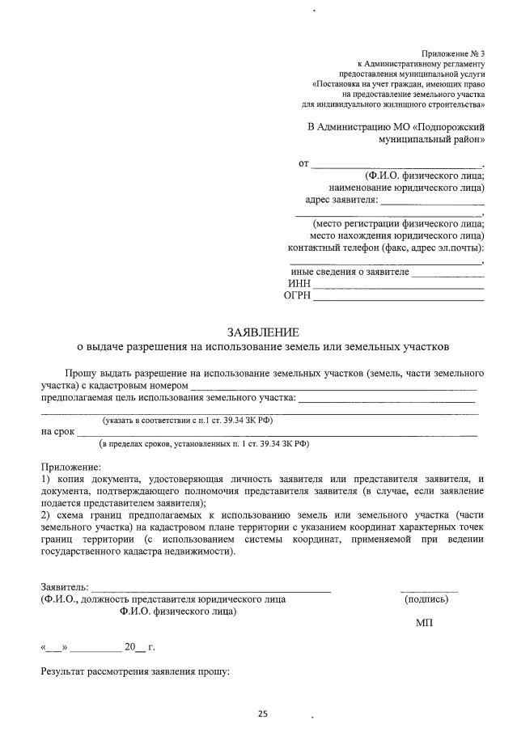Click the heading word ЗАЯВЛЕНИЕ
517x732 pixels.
click(x=263, y=332)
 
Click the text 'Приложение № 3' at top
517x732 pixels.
click(x=453, y=53)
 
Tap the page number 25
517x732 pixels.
click(x=262, y=713)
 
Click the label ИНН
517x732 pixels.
click(x=299, y=284)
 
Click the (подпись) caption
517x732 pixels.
click(x=426, y=599)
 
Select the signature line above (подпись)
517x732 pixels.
click(x=429, y=591)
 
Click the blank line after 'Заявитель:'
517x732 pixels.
click(x=210, y=591)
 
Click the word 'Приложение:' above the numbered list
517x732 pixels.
click(x=71, y=468)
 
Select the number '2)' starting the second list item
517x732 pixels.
click(x=46, y=514)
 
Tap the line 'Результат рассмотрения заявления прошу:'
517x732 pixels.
click(x=136, y=671)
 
